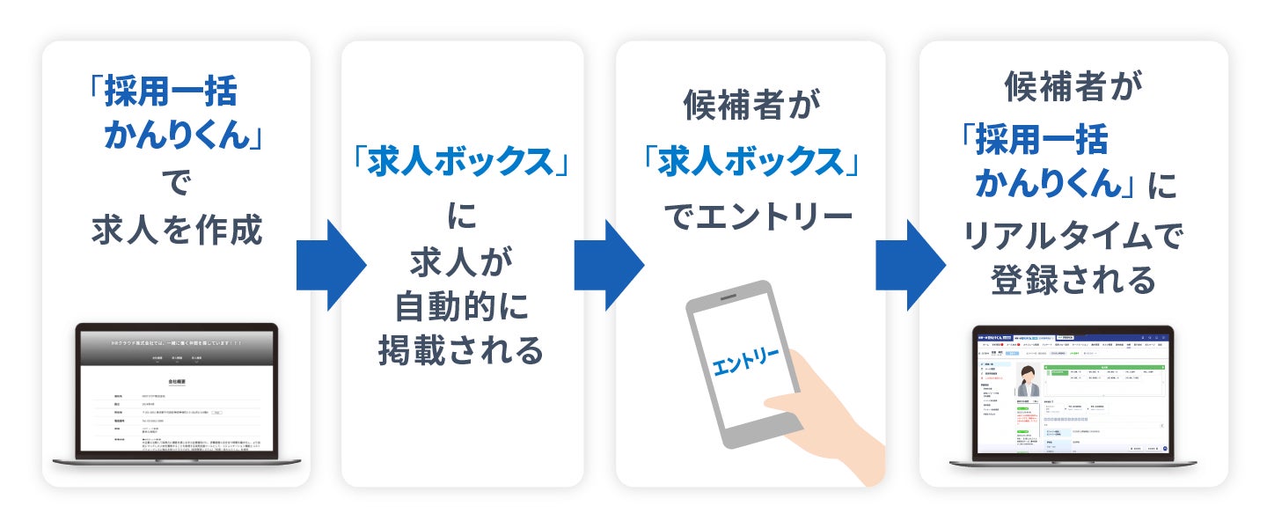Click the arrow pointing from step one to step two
point(330,263)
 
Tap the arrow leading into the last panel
point(910,263)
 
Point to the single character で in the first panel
point(176,184)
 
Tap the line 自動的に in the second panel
point(462,307)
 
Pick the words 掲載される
point(462,350)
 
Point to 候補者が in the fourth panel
point(1073,88)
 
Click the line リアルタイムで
point(1073,236)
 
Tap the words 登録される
point(1073,281)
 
